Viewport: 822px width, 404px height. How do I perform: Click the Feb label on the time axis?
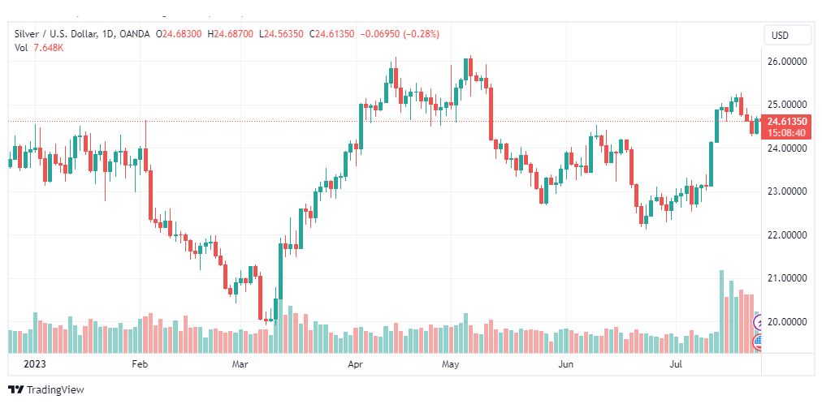click(x=140, y=365)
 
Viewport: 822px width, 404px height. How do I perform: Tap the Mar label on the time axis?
click(x=240, y=365)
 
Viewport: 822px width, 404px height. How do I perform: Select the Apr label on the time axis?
click(x=355, y=365)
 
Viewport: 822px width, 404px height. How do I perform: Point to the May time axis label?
click(x=451, y=365)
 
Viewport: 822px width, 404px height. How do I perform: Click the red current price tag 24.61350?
click(x=786, y=122)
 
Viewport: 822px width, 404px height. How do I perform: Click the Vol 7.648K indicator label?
click(x=39, y=47)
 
